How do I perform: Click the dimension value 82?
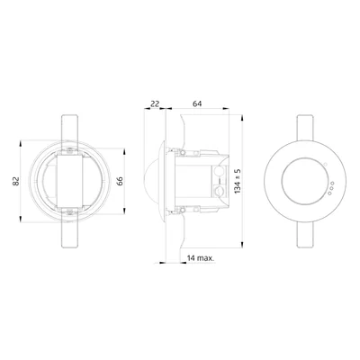[x=16, y=181]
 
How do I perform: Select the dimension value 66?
[x=120, y=181]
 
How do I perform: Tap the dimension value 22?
[x=155, y=103]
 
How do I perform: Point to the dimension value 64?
[x=197, y=103]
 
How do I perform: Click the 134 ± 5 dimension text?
[x=238, y=181]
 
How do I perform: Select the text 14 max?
[x=201, y=258]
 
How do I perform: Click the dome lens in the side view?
[x=151, y=181]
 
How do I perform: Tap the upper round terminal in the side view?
[x=220, y=172]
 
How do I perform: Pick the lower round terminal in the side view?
[x=220, y=191]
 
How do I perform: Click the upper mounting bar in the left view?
[x=70, y=128]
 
